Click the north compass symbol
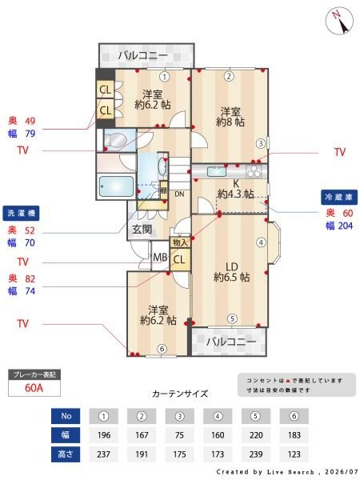click(x=339, y=22)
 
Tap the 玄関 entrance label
click(x=142, y=229)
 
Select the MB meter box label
click(x=160, y=258)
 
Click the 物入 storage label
click(x=180, y=242)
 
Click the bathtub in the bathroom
click(x=116, y=186)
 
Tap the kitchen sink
click(x=217, y=171)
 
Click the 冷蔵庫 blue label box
click(x=339, y=198)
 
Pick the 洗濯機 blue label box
click(x=21, y=213)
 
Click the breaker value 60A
click(x=34, y=388)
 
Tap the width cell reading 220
click(x=256, y=435)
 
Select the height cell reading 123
click(x=294, y=454)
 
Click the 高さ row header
click(x=66, y=454)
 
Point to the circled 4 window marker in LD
click(x=261, y=242)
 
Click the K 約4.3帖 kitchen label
click(x=236, y=189)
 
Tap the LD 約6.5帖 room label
click(x=232, y=272)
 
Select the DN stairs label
click(x=179, y=194)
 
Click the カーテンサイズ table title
click(x=180, y=394)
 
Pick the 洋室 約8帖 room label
click(x=230, y=117)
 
